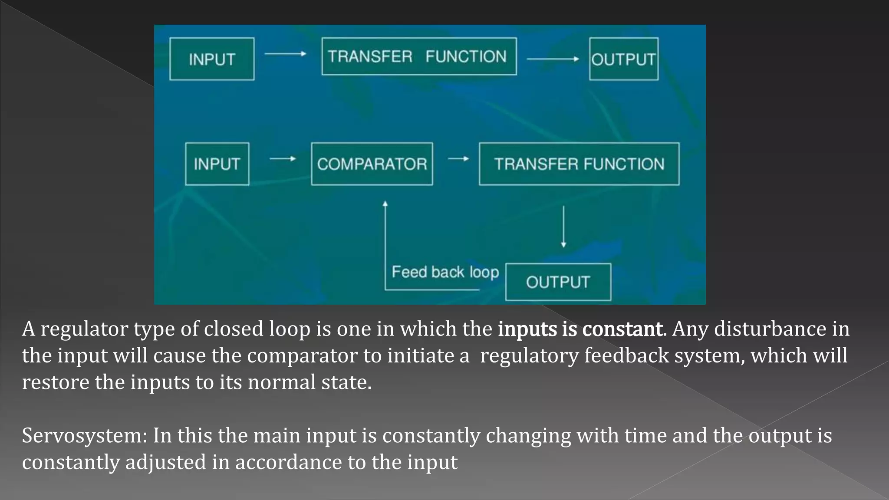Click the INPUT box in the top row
[x=212, y=59]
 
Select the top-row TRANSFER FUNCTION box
[x=419, y=56]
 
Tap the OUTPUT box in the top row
[x=623, y=59]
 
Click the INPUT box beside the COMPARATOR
[x=217, y=164]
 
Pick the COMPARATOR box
[x=372, y=164]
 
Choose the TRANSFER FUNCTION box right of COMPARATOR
[x=579, y=164]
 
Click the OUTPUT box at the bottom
[x=558, y=282]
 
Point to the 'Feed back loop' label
[x=445, y=272]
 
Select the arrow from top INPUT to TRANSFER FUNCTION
[x=285, y=54]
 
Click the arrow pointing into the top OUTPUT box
[x=553, y=59]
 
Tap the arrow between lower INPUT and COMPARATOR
[x=283, y=159]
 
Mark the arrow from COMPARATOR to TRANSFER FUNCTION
[x=458, y=159]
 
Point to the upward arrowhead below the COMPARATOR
[x=385, y=204]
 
